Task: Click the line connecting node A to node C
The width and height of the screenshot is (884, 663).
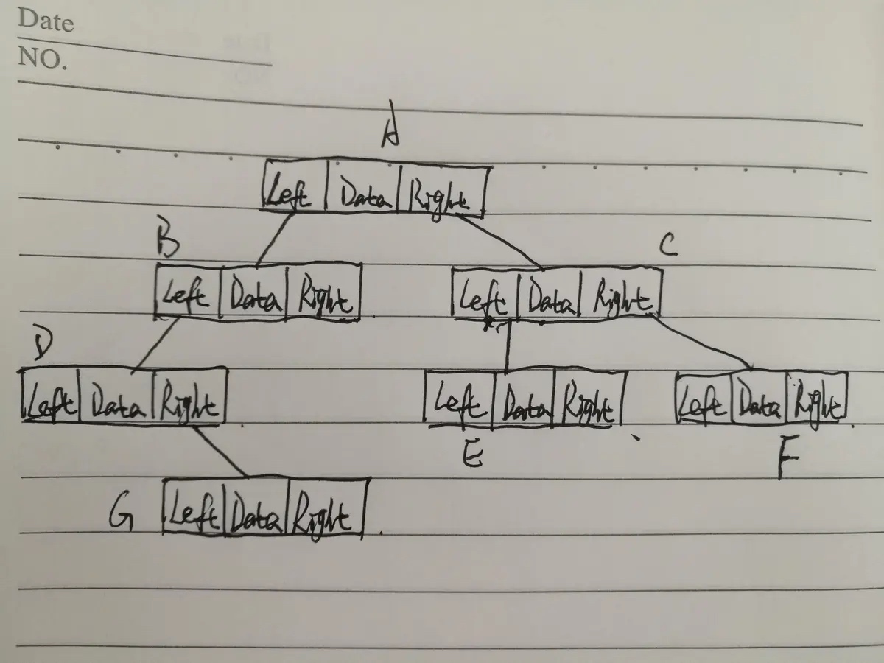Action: (x=501, y=242)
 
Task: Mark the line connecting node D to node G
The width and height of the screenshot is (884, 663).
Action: (x=221, y=451)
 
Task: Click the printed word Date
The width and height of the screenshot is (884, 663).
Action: (x=46, y=20)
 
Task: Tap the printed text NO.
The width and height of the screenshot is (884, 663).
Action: (x=42, y=58)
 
